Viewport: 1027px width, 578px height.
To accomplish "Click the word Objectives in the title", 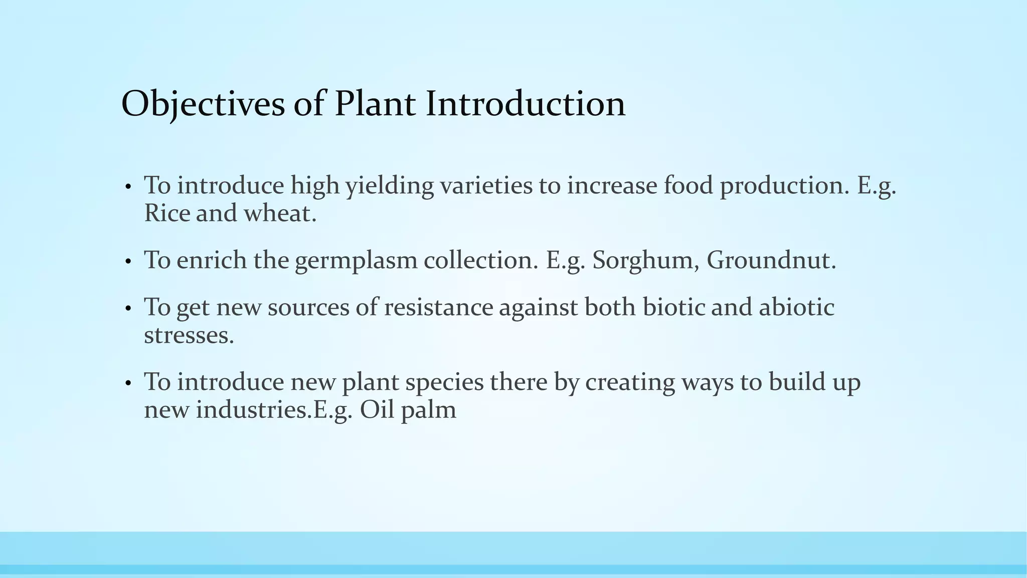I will [203, 104].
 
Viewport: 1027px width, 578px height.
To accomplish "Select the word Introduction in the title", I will [526, 104].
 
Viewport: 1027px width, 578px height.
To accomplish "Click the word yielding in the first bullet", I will [390, 186].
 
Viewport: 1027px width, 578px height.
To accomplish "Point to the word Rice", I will [166, 213].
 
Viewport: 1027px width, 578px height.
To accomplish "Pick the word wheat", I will [280, 213].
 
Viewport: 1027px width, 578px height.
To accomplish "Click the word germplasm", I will [356, 260].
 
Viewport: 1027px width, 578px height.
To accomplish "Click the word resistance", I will [439, 307].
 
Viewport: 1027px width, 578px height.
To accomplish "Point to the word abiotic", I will [796, 307].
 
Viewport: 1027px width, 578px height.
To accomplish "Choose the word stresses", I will [189, 335].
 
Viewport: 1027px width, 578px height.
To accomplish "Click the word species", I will [444, 382].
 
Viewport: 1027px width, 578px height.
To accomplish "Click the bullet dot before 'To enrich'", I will [128, 262].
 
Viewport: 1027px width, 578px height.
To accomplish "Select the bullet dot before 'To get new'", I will [128, 309].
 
